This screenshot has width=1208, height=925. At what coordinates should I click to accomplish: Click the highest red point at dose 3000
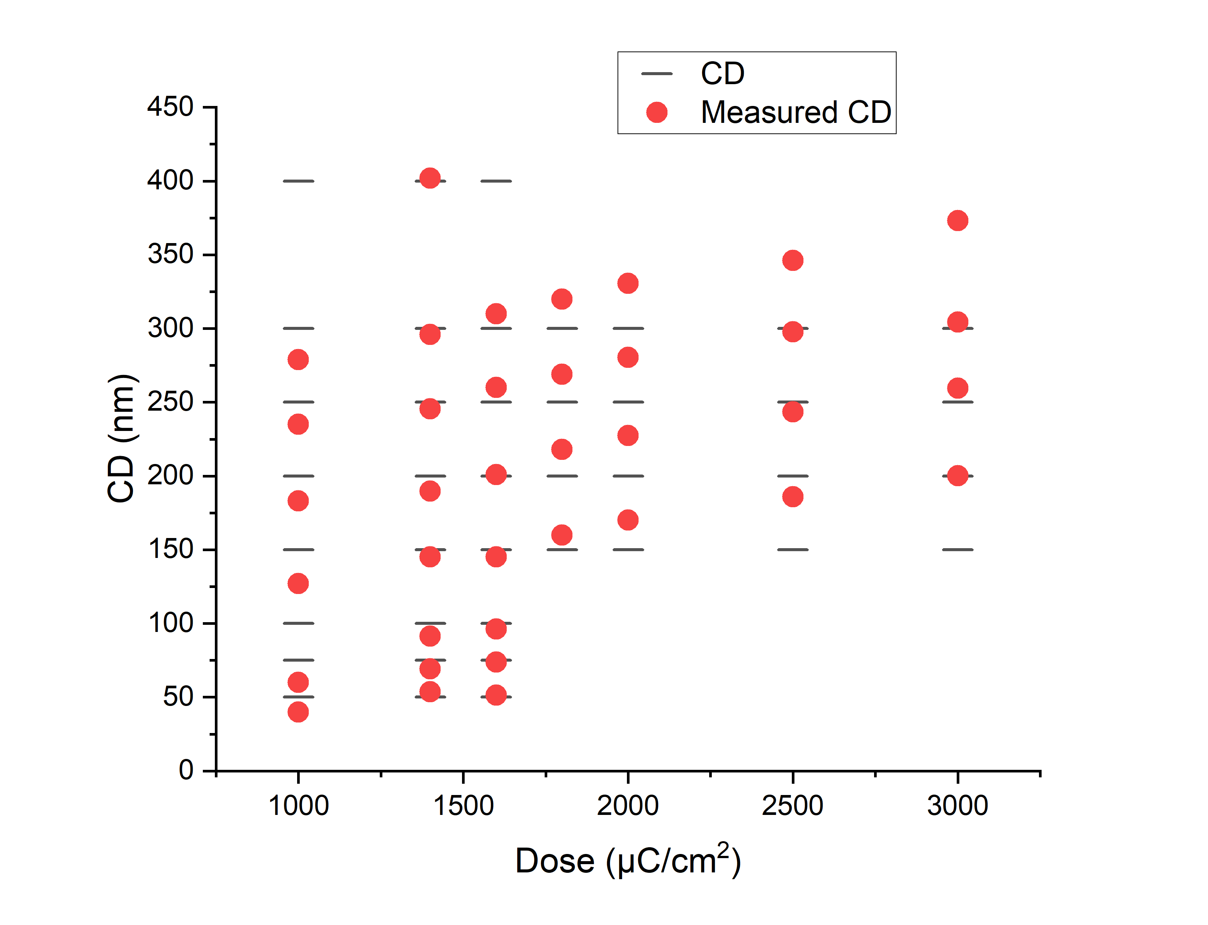pyautogui.click(x=957, y=221)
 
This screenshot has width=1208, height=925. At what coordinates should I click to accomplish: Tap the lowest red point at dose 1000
pyautogui.click(x=298, y=712)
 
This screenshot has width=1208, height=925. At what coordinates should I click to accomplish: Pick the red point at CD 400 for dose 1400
pyautogui.click(x=429, y=178)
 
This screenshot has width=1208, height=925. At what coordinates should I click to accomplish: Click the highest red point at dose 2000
pyautogui.click(x=627, y=284)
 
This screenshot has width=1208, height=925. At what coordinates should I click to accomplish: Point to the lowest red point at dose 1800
pyautogui.click(x=561, y=535)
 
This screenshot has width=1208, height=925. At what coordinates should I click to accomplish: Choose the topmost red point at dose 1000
pyautogui.click(x=298, y=360)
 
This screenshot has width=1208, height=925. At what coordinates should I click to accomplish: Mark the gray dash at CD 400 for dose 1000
pyautogui.click(x=298, y=181)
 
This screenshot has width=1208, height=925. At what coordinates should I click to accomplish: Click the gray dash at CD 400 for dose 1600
pyautogui.click(x=496, y=181)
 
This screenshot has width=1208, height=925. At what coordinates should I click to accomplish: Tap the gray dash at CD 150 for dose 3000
pyautogui.click(x=957, y=550)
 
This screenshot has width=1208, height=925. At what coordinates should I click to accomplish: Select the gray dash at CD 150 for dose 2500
pyautogui.click(x=793, y=550)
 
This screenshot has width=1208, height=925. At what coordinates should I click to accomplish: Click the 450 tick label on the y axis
pyautogui.click(x=170, y=106)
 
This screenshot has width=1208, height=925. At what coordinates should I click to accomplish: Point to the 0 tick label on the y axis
pyautogui.click(x=186, y=770)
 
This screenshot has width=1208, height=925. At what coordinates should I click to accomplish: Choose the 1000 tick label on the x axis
pyautogui.click(x=298, y=806)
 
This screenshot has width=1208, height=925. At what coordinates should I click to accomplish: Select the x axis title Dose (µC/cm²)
pyautogui.click(x=627, y=861)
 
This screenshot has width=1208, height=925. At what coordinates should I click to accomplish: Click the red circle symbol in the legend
pyautogui.click(x=657, y=112)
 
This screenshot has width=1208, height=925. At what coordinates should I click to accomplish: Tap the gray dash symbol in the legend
pyautogui.click(x=657, y=74)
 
